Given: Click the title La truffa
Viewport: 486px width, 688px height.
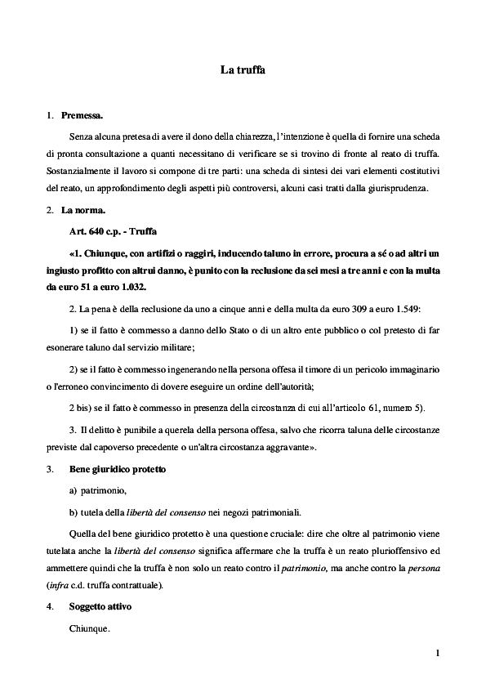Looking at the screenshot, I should coord(243,71).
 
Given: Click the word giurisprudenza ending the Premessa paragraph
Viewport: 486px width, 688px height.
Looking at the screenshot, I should coord(399,189).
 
